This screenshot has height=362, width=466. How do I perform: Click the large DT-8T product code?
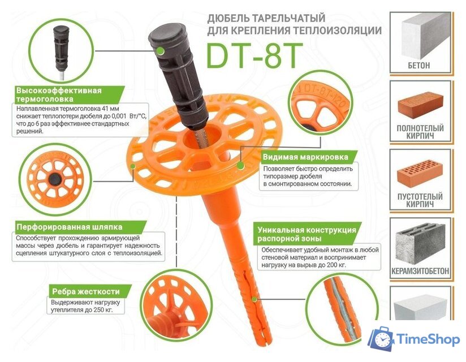(x=254, y=56)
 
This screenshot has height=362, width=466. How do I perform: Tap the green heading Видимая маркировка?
(x=305, y=157)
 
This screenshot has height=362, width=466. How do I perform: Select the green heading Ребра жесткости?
(x=86, y=291)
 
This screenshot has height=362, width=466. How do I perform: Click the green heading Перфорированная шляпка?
(x=69, y=227)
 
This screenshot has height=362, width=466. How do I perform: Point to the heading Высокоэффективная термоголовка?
(x=59, y=94)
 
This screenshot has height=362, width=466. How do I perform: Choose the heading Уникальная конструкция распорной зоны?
(x=307, y=234)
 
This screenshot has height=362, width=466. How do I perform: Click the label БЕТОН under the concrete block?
(x=418, y=66)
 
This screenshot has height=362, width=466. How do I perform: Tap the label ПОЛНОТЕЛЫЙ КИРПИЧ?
(x=420, y=132)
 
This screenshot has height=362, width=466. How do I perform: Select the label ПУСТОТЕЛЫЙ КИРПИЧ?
(x=420, y=200)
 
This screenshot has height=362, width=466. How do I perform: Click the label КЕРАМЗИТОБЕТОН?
(x=420, y=271)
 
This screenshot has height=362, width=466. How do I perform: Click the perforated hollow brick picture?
(x=420, y=173)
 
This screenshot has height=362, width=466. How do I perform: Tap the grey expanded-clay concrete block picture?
(x=420, y=244)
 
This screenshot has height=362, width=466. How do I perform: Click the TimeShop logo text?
(x=428, y=339)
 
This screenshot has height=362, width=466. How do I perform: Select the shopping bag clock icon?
(x=382, y=339)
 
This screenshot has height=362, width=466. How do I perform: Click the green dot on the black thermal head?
(x=161, y=51)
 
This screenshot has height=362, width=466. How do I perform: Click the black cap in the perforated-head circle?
(x=55, y=179)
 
